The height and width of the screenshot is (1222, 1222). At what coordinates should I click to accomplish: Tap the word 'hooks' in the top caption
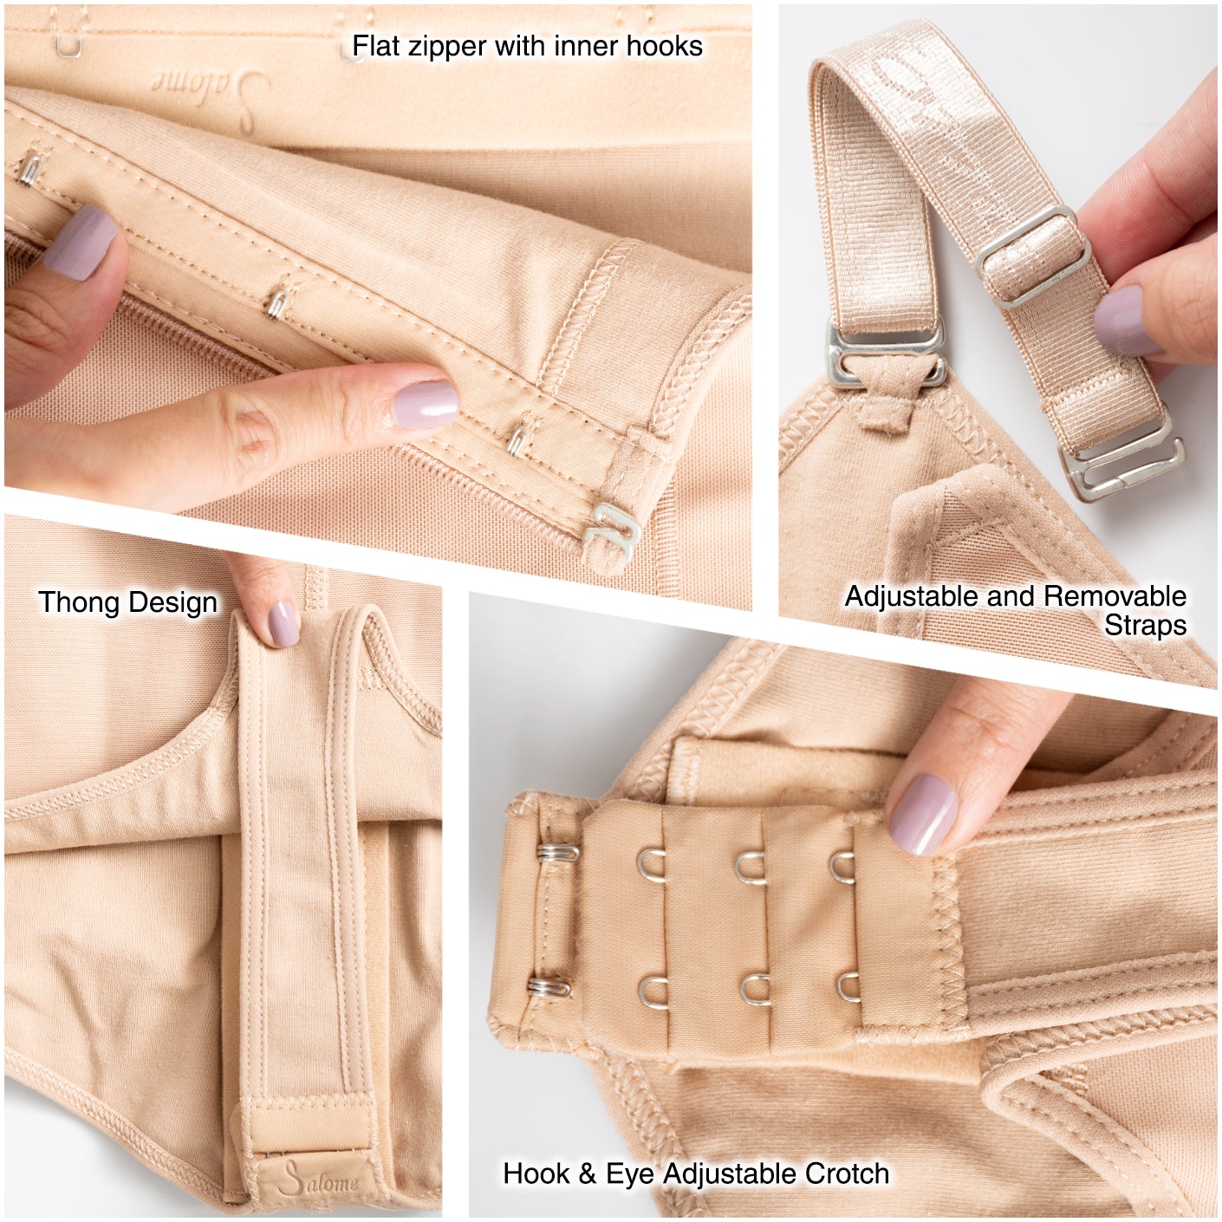665,46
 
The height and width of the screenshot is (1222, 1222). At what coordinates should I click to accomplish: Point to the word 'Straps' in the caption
1145,626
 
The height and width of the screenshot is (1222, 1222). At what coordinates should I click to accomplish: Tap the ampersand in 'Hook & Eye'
588,1173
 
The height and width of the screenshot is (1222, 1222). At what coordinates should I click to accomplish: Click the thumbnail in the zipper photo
80,243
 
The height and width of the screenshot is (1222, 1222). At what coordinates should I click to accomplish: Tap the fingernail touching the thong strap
283,624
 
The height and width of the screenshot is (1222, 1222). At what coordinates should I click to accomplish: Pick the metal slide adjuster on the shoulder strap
1033,257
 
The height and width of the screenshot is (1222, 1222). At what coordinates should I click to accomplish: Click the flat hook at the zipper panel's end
611,528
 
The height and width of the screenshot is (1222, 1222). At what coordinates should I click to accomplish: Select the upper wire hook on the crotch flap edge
557,853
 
